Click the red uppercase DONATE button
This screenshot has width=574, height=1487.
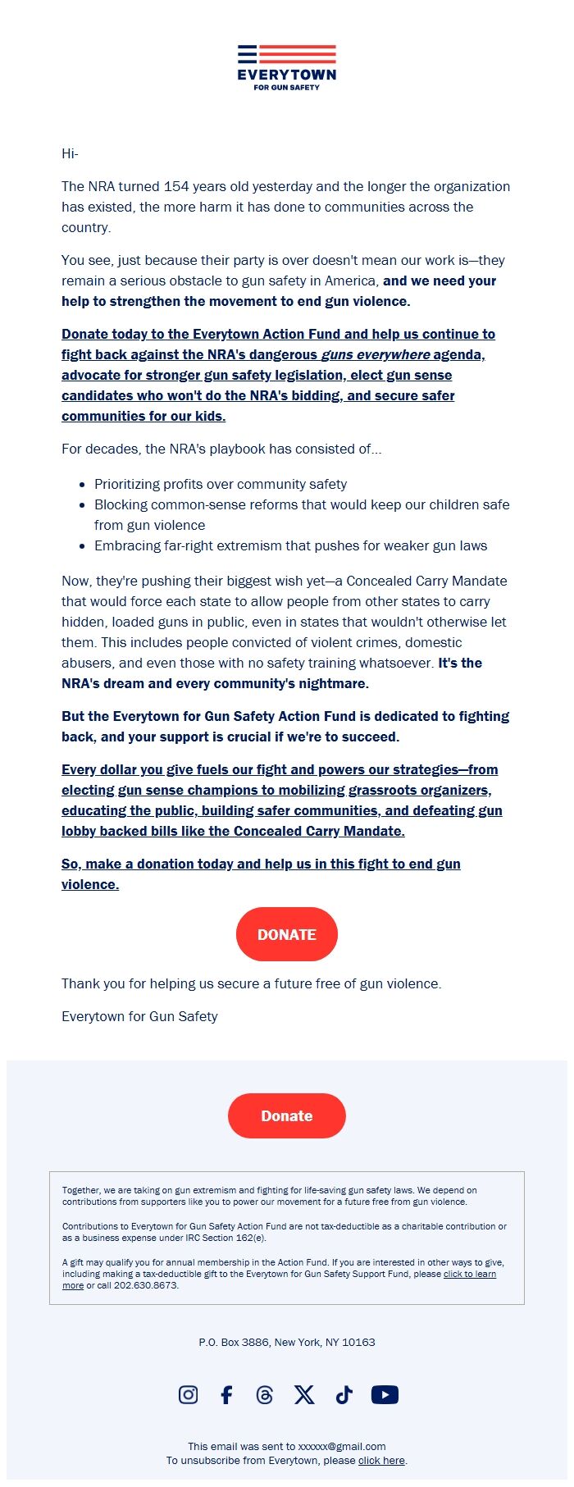(287, 934)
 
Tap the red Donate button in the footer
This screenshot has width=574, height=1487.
(287, 1115)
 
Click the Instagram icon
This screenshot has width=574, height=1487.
(188, 1394)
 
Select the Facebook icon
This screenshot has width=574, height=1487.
(226, 1394)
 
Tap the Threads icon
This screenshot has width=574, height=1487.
(264, 1394)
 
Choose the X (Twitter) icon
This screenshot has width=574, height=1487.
(304, 1394)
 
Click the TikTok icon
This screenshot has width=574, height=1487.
(344, 1394)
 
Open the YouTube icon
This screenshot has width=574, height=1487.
(385, 1394)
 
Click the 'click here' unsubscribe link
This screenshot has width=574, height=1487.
(381, 1460)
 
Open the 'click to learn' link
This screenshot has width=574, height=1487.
(469, 1274)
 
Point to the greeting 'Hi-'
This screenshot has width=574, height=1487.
(70, 153)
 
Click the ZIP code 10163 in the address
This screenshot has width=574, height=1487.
(358, 1342)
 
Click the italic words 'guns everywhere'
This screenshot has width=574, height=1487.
(375, 354)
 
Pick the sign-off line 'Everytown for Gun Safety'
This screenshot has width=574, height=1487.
(139, 1016)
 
